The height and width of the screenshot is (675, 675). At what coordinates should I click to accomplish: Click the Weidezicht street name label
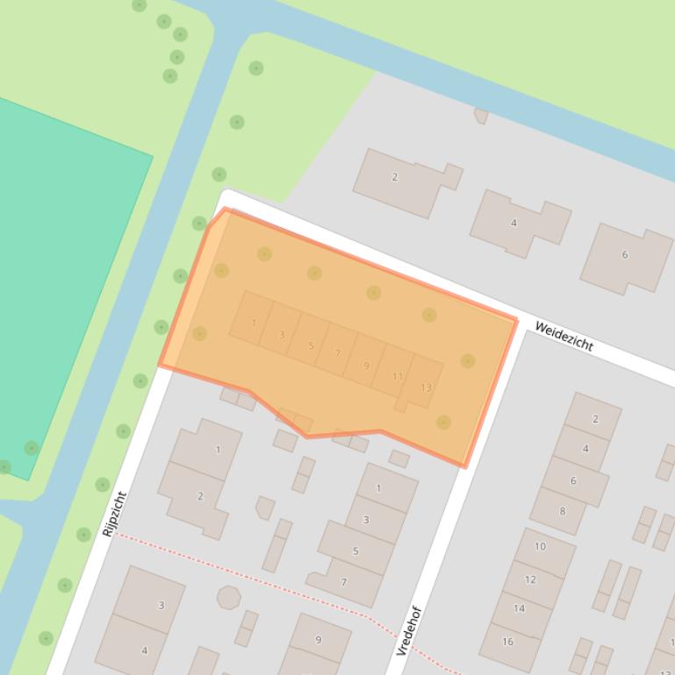(x=564, y=336)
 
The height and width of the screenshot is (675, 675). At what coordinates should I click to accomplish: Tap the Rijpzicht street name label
(x=115, y=514)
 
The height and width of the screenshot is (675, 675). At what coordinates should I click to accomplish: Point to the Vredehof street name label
(x=409, y=630)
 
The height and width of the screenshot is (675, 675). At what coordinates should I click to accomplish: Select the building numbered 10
(x=540, y=546)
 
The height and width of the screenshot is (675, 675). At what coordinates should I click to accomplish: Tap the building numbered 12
(x=530, y=579)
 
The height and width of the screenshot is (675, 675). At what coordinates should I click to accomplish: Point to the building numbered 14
(x=519, y=608)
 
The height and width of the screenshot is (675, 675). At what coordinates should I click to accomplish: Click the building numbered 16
(x=507, y=642)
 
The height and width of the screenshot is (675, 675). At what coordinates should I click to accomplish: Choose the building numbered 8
(x=563, y=511)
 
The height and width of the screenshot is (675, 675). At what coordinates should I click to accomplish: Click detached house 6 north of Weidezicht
(x=625, y=255)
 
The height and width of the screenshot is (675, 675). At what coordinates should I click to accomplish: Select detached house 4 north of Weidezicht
(x=514, y=223)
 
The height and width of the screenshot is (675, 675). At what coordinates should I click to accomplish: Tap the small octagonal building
(x=228, y=598)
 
